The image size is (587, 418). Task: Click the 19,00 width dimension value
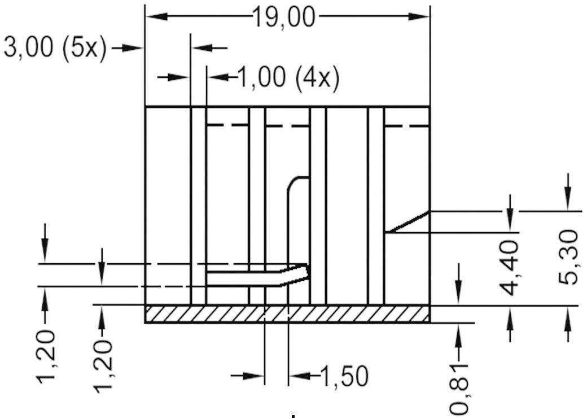[x=284, y=18]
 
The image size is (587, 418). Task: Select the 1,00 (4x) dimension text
[x=288, y=78]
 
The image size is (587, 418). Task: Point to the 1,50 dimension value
[x=344, y=376]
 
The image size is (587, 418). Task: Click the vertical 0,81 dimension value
[x=458, y=390]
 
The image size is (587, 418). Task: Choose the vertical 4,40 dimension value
[x=509, y=267]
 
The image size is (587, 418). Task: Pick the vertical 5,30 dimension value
[x=568, y=257]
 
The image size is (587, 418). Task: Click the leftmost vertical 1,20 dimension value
[x=46, y=356]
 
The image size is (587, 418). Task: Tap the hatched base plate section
[x=287, y=314]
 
